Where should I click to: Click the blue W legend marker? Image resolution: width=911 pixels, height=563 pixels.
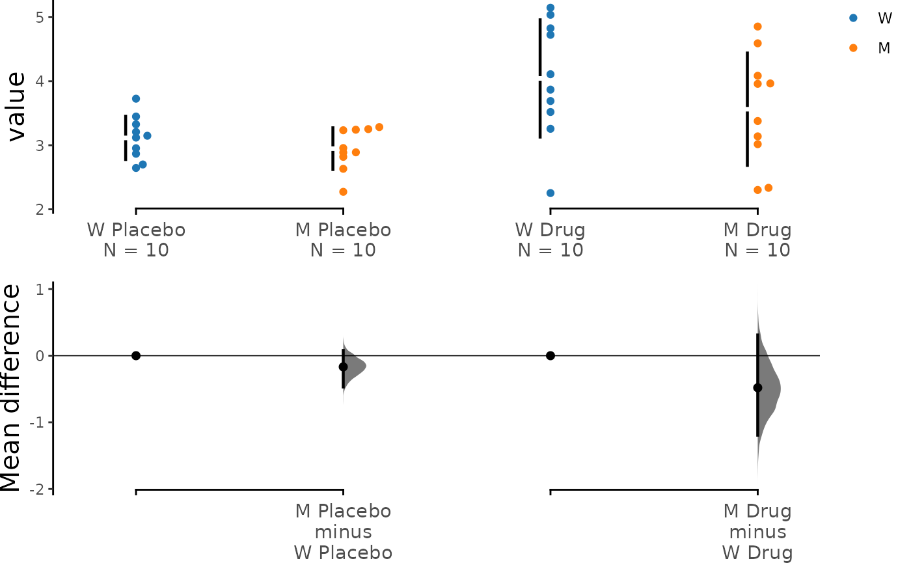coord(853,18)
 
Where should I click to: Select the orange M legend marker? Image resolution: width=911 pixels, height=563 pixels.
coord(853,48)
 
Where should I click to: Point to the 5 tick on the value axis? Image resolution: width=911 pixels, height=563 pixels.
coord(50,17)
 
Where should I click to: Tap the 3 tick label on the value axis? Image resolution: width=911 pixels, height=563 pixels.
coord(40,146)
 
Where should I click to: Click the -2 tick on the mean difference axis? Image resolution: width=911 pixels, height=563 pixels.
coord(50,489)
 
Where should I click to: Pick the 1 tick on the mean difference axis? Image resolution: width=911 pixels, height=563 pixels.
coord(50,289)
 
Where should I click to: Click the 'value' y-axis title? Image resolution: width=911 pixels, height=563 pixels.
coord(16,107)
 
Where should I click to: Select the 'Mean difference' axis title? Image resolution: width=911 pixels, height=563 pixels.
coord(10,388)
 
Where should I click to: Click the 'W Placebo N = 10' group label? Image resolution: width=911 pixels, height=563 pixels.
coord(136,240)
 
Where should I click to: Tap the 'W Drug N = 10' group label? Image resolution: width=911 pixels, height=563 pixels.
coord(551,240)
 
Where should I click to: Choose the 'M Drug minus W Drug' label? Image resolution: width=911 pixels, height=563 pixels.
coord(757,532)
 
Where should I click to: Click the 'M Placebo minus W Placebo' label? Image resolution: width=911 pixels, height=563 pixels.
coord(344,532)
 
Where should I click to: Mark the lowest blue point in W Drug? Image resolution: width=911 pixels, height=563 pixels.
coord(551,193)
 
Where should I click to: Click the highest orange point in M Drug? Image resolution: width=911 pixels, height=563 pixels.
coord(757,27)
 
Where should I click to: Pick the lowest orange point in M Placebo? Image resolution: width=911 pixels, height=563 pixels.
coord(344,191)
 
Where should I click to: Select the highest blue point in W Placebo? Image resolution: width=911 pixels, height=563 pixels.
coord(136,98)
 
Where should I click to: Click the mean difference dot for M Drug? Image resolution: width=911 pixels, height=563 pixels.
coord(757,388)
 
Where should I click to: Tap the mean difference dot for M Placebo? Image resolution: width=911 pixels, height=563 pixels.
coord(344,367)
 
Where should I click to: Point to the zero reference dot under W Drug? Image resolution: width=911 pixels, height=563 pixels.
coord(551,355)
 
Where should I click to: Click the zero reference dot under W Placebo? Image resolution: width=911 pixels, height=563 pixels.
coord(136,355)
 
